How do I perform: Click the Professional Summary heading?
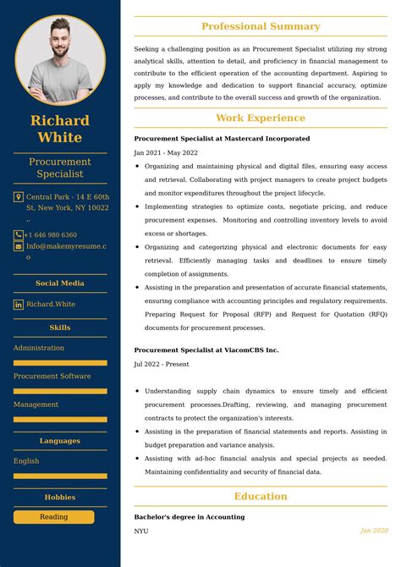tap(261, 27)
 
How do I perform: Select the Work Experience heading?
tap(261, 118)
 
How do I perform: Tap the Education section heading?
tap(261, 497)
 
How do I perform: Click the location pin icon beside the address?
tap(19, 197)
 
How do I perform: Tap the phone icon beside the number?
tap(19, 234)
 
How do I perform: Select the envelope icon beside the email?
tap(19, 246)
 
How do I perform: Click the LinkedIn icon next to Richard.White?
tap(19, 304)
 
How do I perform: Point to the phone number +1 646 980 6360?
tap(51, 234)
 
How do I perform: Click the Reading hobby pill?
tap(54, 516)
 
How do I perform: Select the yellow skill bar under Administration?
tap(60, 363)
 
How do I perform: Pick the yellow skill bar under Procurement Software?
tap(60, 391)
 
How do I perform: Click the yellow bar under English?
tap(60, 476)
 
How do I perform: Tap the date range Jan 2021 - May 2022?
tap(166, 152)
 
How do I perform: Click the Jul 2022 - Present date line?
tap(162, 364)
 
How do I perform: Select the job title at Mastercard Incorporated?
tap(222, 138)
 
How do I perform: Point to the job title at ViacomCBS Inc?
tap(206, 350)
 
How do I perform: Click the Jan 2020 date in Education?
tap(374, 531)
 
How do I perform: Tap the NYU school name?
tap(140, 531)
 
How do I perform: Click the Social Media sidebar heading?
tap(60, 283)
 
